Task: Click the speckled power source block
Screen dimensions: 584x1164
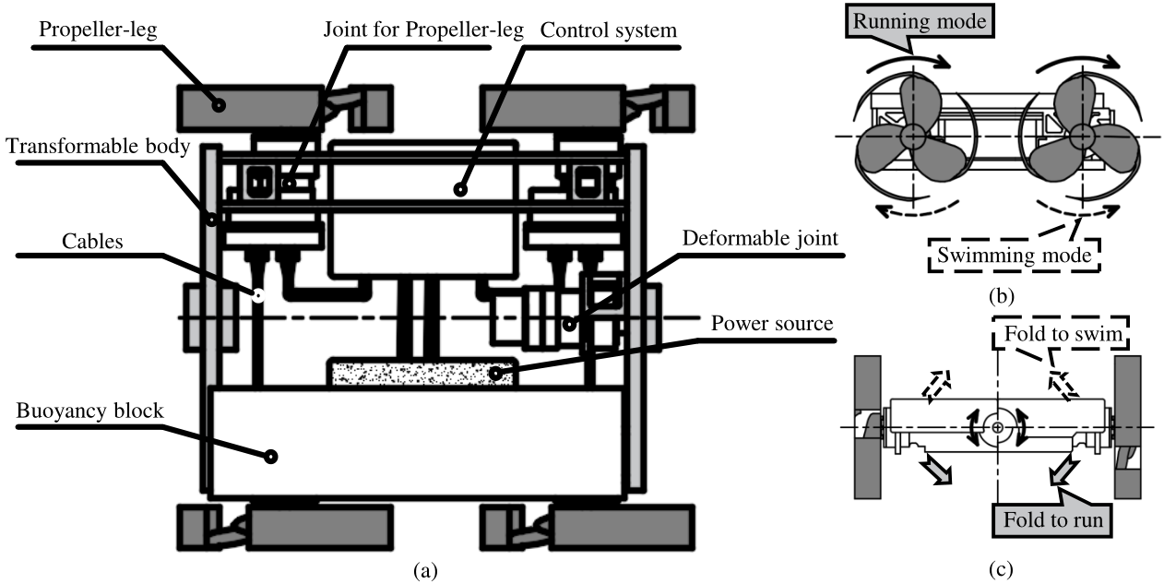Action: (421, 373)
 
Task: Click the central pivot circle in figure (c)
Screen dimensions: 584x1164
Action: (997, 427)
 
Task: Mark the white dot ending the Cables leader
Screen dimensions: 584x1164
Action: (258, 295)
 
